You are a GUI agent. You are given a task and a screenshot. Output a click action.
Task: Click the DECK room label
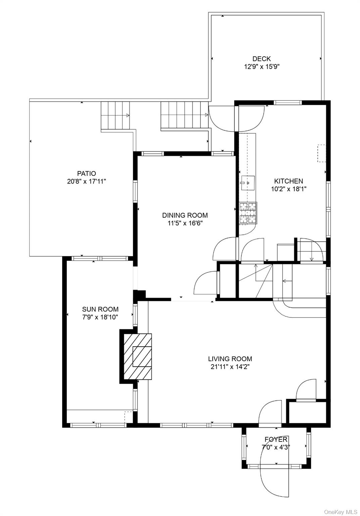click(x=261, y=59)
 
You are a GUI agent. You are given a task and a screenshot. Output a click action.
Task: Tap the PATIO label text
click(x=86, y=173)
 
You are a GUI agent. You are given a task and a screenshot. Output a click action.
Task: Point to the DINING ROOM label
click(x=185, y=215)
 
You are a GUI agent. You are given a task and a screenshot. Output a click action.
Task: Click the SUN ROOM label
click(x=100, y=309)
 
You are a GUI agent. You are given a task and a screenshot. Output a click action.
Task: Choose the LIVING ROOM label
click(x=230, y=359)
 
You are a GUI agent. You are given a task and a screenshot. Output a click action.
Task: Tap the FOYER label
click(x=276, y=439)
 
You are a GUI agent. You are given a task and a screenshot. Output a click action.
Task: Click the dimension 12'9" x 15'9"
click(x=262, y=67)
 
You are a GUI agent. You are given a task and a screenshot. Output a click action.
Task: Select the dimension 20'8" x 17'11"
click(x=86, y=181)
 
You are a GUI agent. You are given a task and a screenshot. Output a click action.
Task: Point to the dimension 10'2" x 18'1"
click(x=288, y=189)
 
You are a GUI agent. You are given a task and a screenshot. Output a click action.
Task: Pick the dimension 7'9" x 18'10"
click(x=100, y=317)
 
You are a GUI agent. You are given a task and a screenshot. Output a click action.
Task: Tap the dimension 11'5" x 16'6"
click(x=185, y=223)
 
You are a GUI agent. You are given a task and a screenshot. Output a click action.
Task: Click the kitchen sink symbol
click(x=248, y=183)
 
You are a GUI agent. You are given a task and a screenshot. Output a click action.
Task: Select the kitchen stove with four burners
click(x=248, y=213)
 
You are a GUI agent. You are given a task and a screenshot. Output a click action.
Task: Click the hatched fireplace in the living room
click(x=138, y=356)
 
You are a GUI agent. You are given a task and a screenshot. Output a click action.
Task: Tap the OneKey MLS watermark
click(x=341, y=512)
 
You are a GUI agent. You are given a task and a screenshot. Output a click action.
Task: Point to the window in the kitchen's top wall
click(x=288, y=103)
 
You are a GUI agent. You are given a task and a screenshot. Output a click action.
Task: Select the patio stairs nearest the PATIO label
click(x=115, y=116)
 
